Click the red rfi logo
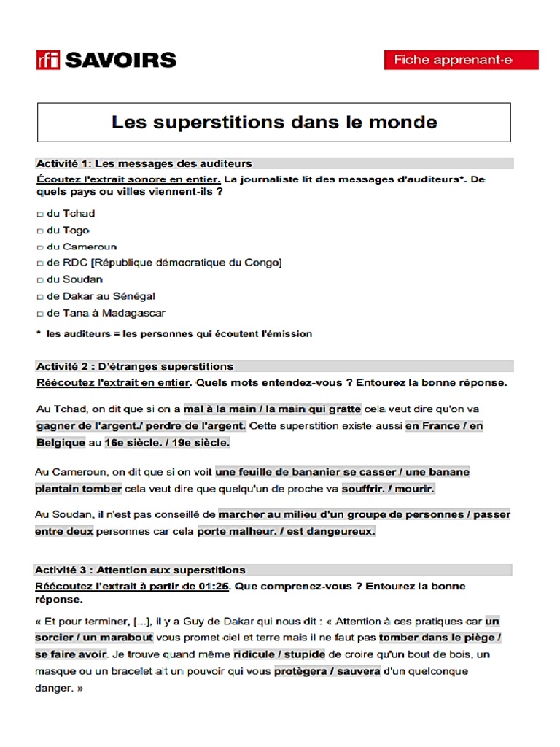tap(48, 60)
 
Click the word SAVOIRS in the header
tap(120, 60)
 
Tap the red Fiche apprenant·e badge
tap(461, 60)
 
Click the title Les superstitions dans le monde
tap(274, 122)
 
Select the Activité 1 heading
tap(144, 163)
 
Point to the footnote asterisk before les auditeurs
tap(38, 333)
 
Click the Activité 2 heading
tap(135, 366)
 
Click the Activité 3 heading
tap(141, 570)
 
